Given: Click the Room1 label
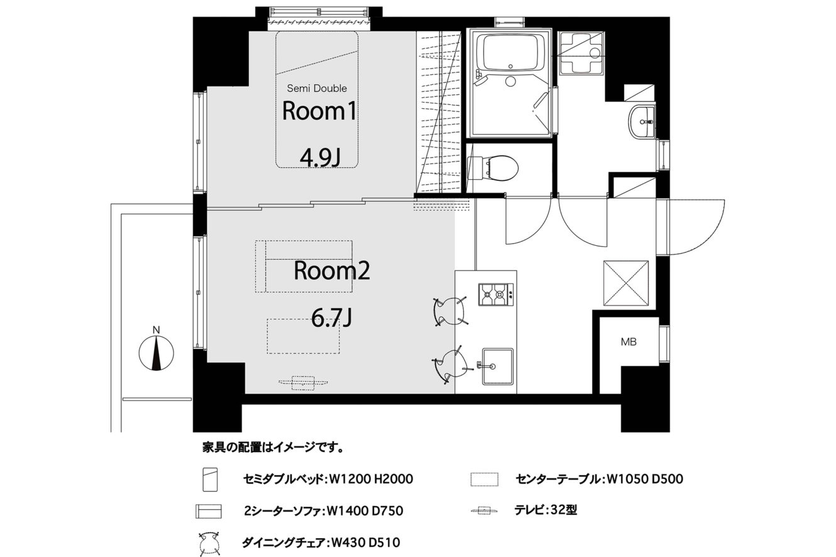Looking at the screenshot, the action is point(319,111).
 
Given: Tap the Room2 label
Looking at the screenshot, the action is point(332,271).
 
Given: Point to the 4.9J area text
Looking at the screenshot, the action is point(320,158).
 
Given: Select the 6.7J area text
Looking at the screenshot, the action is point(331,319).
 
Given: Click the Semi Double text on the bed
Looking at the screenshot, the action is point(317,89).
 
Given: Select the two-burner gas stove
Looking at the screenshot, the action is point(495,295).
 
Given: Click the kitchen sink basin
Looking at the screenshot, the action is point(497,367).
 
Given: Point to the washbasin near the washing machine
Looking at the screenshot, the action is point(642,122).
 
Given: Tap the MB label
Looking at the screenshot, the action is point(629,341).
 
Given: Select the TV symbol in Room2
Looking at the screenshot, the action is point(303,383).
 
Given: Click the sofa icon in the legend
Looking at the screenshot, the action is point(208,511).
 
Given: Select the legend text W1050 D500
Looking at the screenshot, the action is point(645,479).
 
